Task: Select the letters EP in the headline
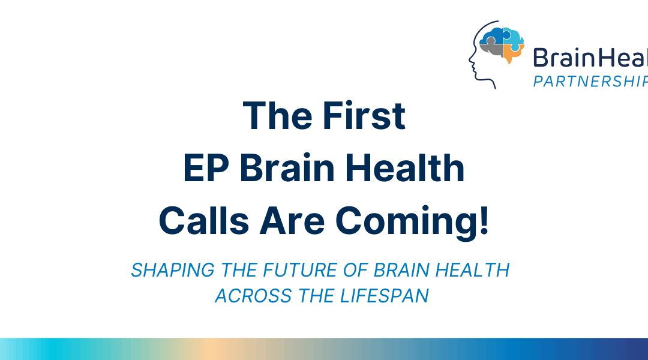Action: [202, 169]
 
